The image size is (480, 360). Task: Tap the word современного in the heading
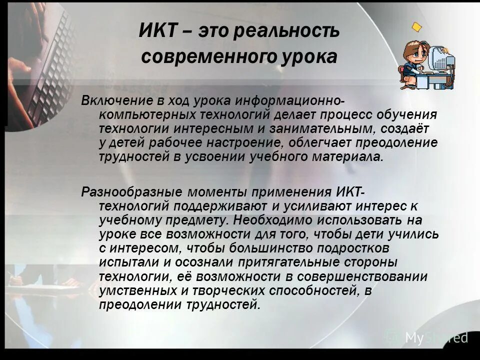[208, 57]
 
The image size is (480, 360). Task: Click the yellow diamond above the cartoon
[417, 25]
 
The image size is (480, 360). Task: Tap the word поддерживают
[216, 206]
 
